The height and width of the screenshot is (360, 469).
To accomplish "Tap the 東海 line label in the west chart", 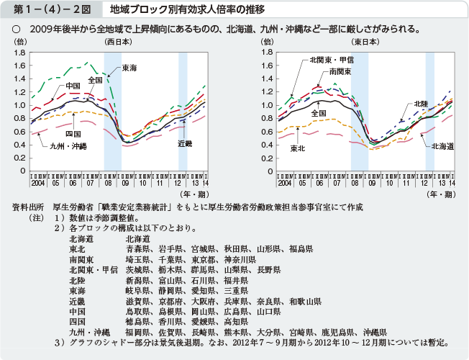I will (x=129, y=68).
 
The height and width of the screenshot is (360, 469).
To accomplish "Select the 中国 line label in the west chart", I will (x=73, y=86).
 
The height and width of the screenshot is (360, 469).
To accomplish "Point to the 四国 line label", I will (x=73, y=134).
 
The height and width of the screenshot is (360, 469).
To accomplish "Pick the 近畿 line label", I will (x=185, y=144).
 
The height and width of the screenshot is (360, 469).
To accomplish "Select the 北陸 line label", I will (x=422, y=104).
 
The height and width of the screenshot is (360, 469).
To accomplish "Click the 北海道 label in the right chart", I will (x=442, y=146).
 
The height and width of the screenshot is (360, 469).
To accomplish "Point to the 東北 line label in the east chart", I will (x=298, y=148).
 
